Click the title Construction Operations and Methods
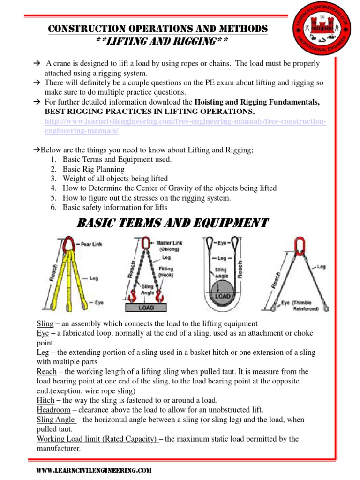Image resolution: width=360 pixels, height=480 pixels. pyautogui.click(x=158, y=29)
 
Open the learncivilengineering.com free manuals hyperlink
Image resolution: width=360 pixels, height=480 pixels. pyautogui.click(x=185, y=127)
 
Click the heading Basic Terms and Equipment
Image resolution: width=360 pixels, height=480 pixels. pyautogui.click(x=172, y=223)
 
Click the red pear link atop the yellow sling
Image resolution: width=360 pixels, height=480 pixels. pyautogui.click(x=69, y=244)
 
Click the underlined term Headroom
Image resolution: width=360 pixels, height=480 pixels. pyautogui.click(x=53, y=410)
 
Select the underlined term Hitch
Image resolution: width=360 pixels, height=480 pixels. pyautogui.click(x=45, y=400)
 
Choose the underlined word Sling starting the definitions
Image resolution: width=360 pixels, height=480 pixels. pyautogui.click(x=45, y=323)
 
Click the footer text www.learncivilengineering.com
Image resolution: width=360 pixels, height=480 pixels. pyautogui.click(x=94, y=470)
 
